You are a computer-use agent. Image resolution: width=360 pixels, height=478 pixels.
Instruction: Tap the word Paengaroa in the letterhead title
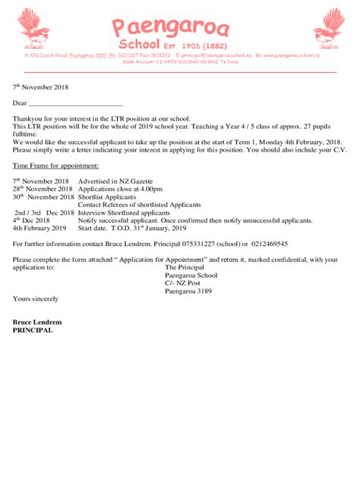point(170,28)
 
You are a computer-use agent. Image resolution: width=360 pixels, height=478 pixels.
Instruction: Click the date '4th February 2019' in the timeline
point(40,228)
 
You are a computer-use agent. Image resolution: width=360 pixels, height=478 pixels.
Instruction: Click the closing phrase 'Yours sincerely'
point(36,299)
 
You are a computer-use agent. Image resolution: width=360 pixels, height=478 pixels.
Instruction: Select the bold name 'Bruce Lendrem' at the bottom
point(37,322)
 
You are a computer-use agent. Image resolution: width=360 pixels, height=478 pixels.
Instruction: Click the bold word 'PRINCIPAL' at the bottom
point(33,330)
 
